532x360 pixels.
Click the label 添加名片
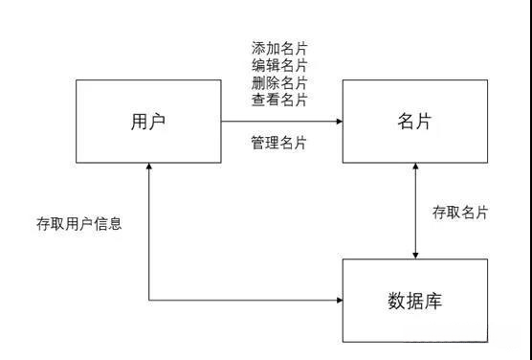click(x=279, y=48)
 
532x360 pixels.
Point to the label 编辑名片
click(x=279, y=65)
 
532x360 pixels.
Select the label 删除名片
click(x=279, y=82)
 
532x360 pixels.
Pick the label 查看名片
click(x=279, y=99)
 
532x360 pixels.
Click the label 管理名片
click(x=279, y=143)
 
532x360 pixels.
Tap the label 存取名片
click(x=460, y=213)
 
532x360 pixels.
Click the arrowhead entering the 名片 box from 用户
click(x=339, y=122)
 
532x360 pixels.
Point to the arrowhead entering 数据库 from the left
click(x=339, y=300)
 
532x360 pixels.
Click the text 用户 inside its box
click(x=148, y=122)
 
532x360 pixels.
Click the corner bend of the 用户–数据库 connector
click(x=149, y=300)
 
